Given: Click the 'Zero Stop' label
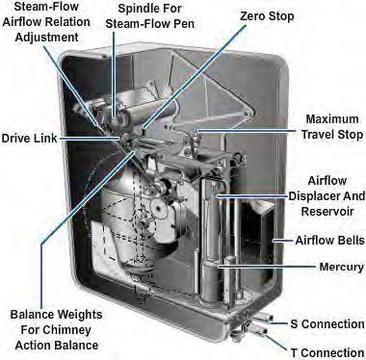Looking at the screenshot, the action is pyautogui.click(x=267, y=16).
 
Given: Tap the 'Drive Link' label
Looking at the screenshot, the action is pyautogui.click(x=29, y=139).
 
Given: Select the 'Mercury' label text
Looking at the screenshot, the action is pyautogui.click(x=342, y=267).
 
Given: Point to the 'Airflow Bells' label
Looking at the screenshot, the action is pyautogui.click(x=329, y=241).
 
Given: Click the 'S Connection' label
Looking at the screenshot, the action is pyautogui.click(x=327, y=324).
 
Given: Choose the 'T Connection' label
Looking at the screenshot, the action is pyautogui.click(x=327, y=353).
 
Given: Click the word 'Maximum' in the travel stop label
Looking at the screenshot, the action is pyautogui.click(x=332, y=119).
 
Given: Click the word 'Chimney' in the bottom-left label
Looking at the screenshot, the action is pyautogui.click(x=67, y=330).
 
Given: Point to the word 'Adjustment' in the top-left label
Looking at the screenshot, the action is pyautogui.click(x=47, y=38).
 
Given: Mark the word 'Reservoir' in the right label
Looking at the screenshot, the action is pyautogui.click(x=327, y=212).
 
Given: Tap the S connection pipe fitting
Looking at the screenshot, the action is pyautogui.click(x=263, y=317).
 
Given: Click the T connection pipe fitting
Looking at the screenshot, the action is pyautogui.click(x=258, y=329).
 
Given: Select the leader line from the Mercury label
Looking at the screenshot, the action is pyautogui.click(x=267, y=267).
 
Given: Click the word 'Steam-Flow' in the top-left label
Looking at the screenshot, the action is pyautogui.click(x=46, y=7).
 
